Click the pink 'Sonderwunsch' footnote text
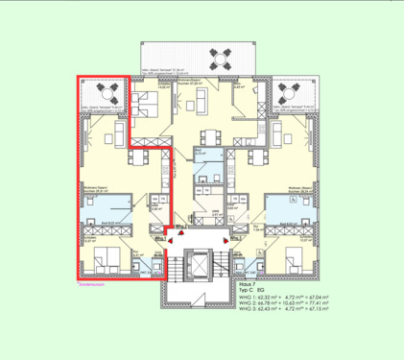pos(90,285)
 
